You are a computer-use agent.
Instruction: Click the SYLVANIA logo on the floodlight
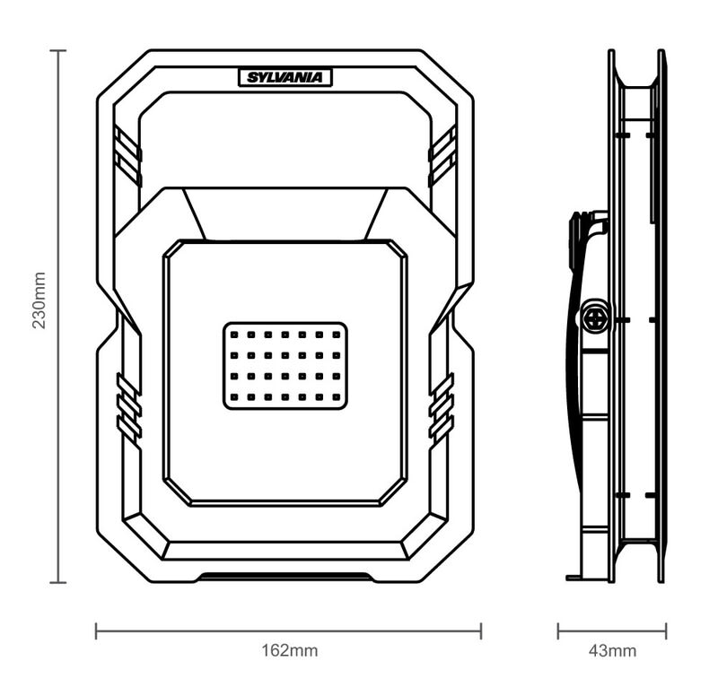pos(285,77)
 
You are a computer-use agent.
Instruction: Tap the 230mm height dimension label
pos(39,300)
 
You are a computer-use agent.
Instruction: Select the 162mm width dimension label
pos(289,650)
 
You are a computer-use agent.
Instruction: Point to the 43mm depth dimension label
pos(612,650)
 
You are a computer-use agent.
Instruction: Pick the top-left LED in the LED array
pos(234,335)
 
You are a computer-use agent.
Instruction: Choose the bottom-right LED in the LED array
pos(336,396)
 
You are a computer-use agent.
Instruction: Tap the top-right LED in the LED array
pos(336,335)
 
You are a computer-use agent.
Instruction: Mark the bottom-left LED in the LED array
pos(234,396)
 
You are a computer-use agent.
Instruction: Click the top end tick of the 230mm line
pos(58,51)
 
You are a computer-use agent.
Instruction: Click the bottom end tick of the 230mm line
pos(58,582)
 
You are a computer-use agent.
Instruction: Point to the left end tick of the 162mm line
pos(96,630)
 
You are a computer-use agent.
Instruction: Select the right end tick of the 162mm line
pos(481,630)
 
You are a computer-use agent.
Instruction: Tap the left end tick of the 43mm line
pos(558,630)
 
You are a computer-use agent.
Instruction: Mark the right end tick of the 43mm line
pos(666,630)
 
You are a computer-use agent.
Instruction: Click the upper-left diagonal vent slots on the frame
pos(127,155)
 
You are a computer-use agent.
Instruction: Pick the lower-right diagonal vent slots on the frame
pos(442,408)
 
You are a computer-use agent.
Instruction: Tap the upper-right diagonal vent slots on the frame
pos(442,155)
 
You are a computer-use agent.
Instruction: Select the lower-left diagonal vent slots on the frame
pos(129,408)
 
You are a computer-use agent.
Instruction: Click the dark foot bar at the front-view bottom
pos(285,577)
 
